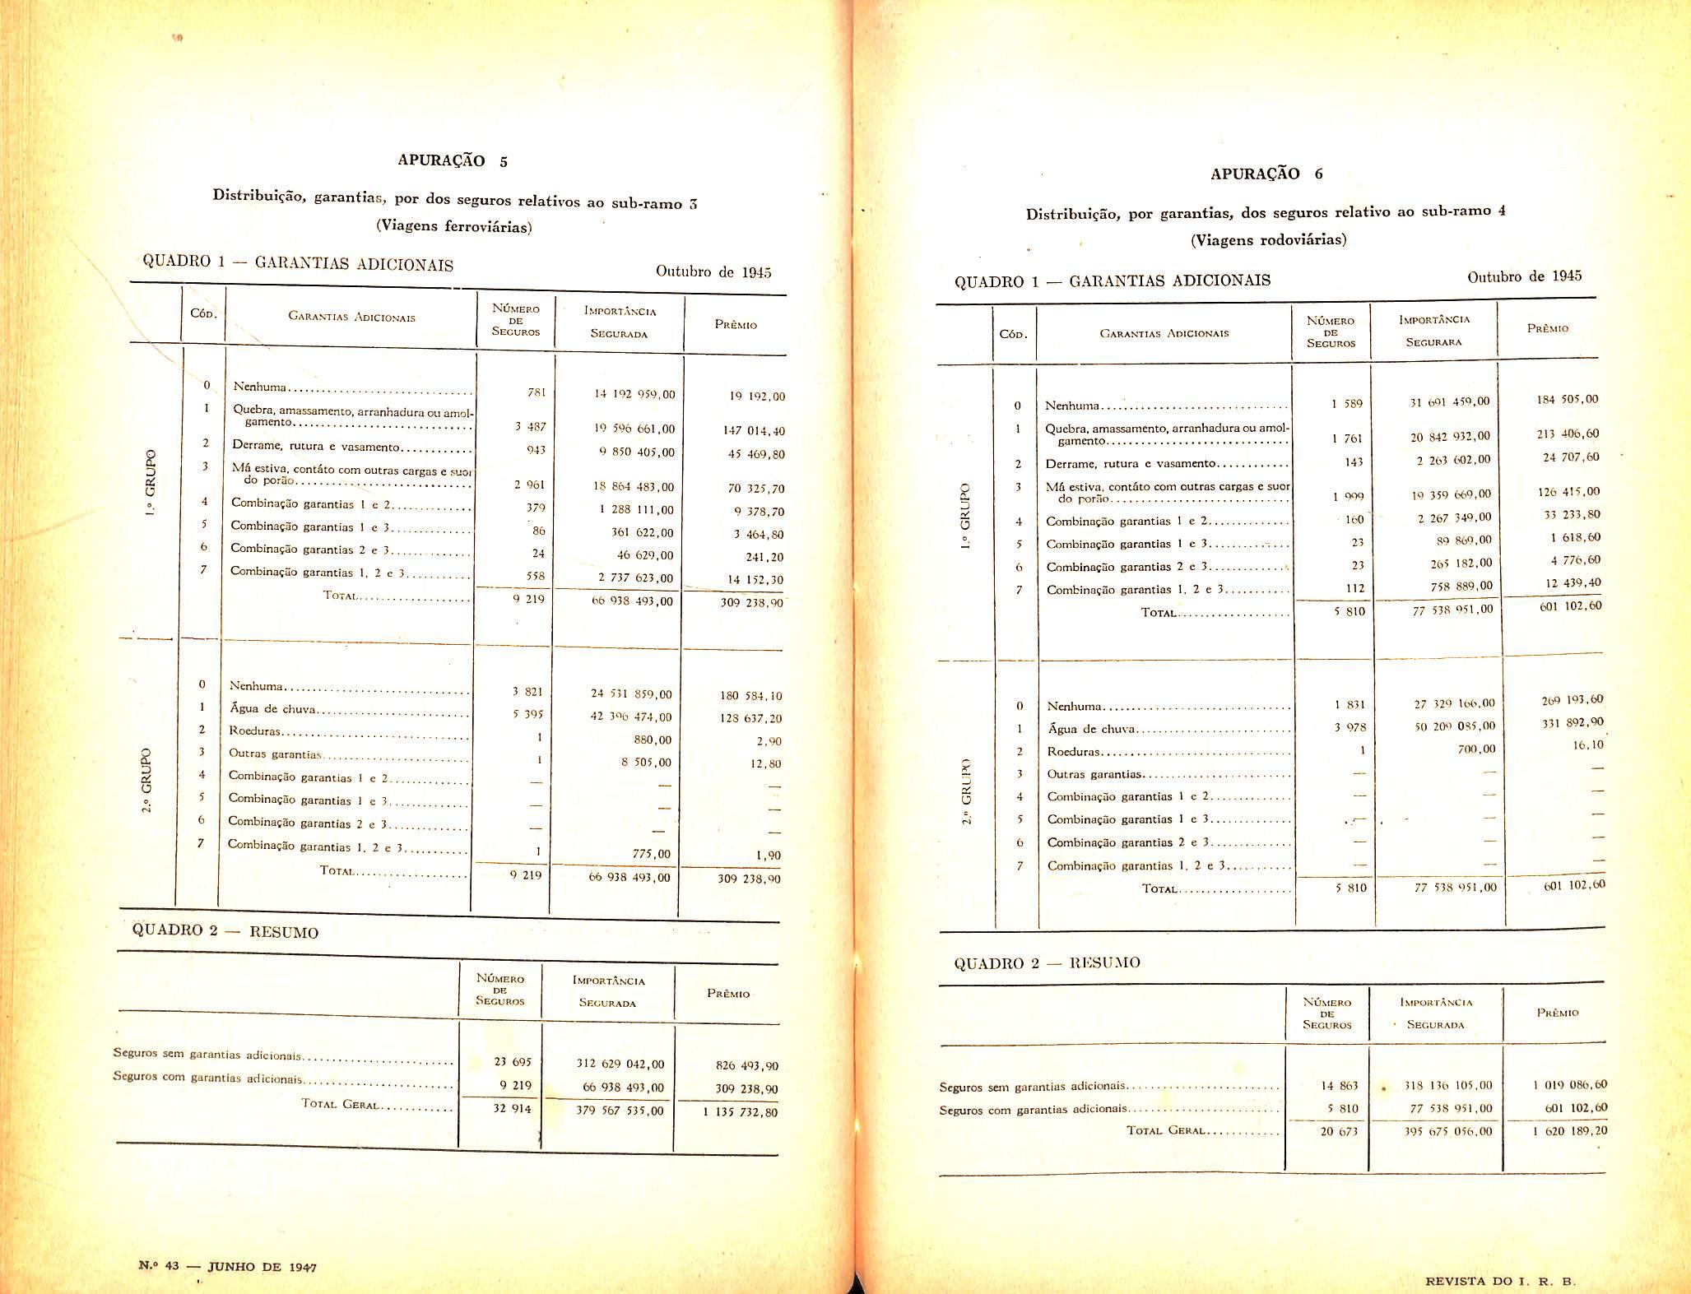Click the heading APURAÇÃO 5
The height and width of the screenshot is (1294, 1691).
pos(453,160)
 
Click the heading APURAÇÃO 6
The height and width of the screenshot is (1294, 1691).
pos(1266,174)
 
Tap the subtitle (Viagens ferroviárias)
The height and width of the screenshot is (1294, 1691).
pos(454,226)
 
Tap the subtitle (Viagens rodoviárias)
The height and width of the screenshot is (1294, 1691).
pos(1268,239)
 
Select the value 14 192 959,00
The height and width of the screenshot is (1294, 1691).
pos(634,394)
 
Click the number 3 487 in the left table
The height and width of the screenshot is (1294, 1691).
pos(530,427)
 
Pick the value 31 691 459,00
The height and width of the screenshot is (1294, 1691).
pos(1448,401)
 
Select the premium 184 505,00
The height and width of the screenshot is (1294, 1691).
pos(1567,400)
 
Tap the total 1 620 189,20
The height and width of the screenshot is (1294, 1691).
pos(1569,1130)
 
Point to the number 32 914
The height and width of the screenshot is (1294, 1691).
pos(513,1108)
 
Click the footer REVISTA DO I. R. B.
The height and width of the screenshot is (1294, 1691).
pos(1499,1281)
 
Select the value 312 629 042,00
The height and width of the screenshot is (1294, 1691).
pos(620,1064)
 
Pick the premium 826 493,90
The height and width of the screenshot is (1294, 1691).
pos(746,1066)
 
